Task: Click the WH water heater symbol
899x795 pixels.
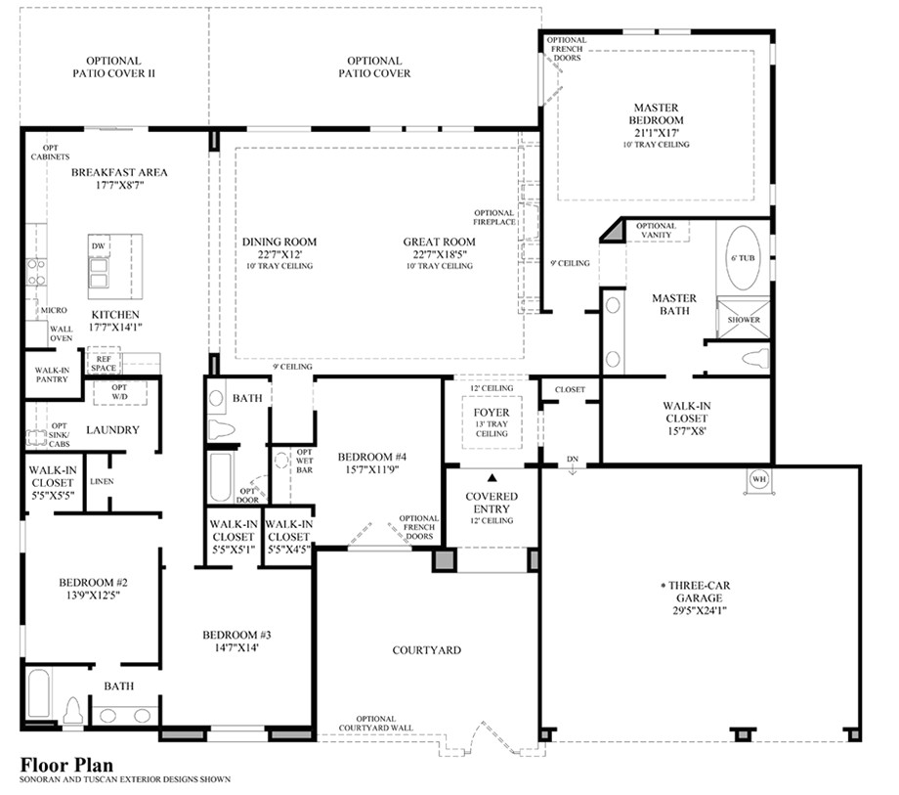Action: coord(759,480)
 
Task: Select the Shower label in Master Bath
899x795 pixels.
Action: coord(744,320)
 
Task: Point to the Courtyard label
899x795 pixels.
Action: coord(426,649)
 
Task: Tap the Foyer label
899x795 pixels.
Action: coord(492,413)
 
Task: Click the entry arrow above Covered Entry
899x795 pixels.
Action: coord(492,477)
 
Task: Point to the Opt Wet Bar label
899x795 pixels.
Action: coord(303,462)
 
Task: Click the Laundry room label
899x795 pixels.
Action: coord(113,429)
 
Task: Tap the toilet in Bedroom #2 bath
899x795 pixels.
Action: coord(72,710)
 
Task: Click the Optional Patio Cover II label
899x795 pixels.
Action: coord(113,66)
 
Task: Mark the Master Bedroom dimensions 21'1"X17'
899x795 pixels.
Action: coord(657,132)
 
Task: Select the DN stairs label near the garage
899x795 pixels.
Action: coord(572,460)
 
